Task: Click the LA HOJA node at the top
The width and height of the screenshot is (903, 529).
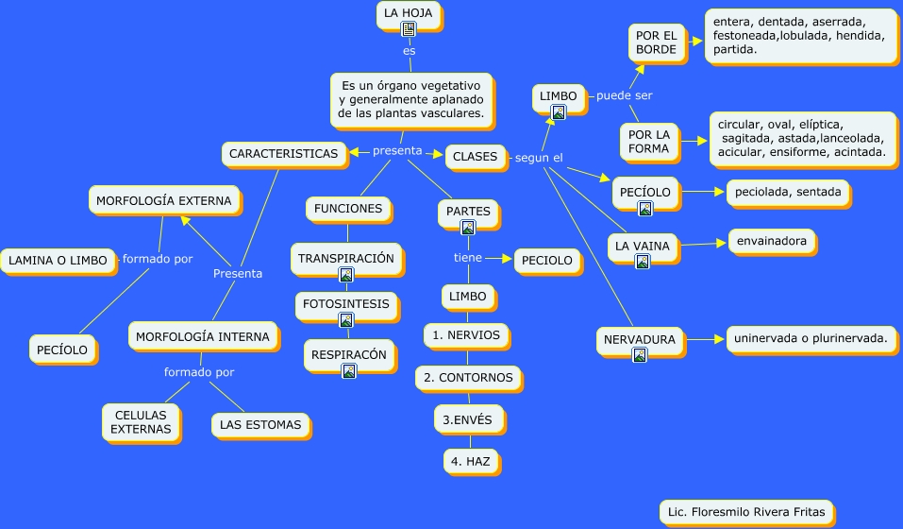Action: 409,13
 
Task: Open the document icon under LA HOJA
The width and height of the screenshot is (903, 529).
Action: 409,29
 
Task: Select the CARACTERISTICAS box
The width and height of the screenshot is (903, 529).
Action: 283,153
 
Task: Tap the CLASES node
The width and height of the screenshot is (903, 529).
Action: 475,157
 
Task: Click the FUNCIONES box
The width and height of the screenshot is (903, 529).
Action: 347,208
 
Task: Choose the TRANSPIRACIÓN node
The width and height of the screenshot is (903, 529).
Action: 345,257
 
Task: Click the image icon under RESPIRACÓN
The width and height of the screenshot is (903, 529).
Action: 348,371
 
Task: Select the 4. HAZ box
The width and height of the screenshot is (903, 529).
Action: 470,461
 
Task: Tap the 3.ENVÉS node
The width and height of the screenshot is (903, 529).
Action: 468,418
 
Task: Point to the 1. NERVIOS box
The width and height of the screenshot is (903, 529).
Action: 466,334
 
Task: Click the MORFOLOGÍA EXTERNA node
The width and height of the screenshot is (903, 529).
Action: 164,200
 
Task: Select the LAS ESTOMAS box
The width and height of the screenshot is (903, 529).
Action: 259,424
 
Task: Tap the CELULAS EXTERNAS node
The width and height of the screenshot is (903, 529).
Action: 141,421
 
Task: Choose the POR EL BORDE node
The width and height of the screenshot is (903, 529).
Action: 656,43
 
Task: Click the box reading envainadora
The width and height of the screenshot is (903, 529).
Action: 772,241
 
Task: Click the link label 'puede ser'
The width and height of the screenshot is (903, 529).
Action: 624,95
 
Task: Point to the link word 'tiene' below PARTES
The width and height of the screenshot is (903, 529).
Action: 468,257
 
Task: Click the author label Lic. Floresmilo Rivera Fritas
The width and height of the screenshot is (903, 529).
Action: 745,513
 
